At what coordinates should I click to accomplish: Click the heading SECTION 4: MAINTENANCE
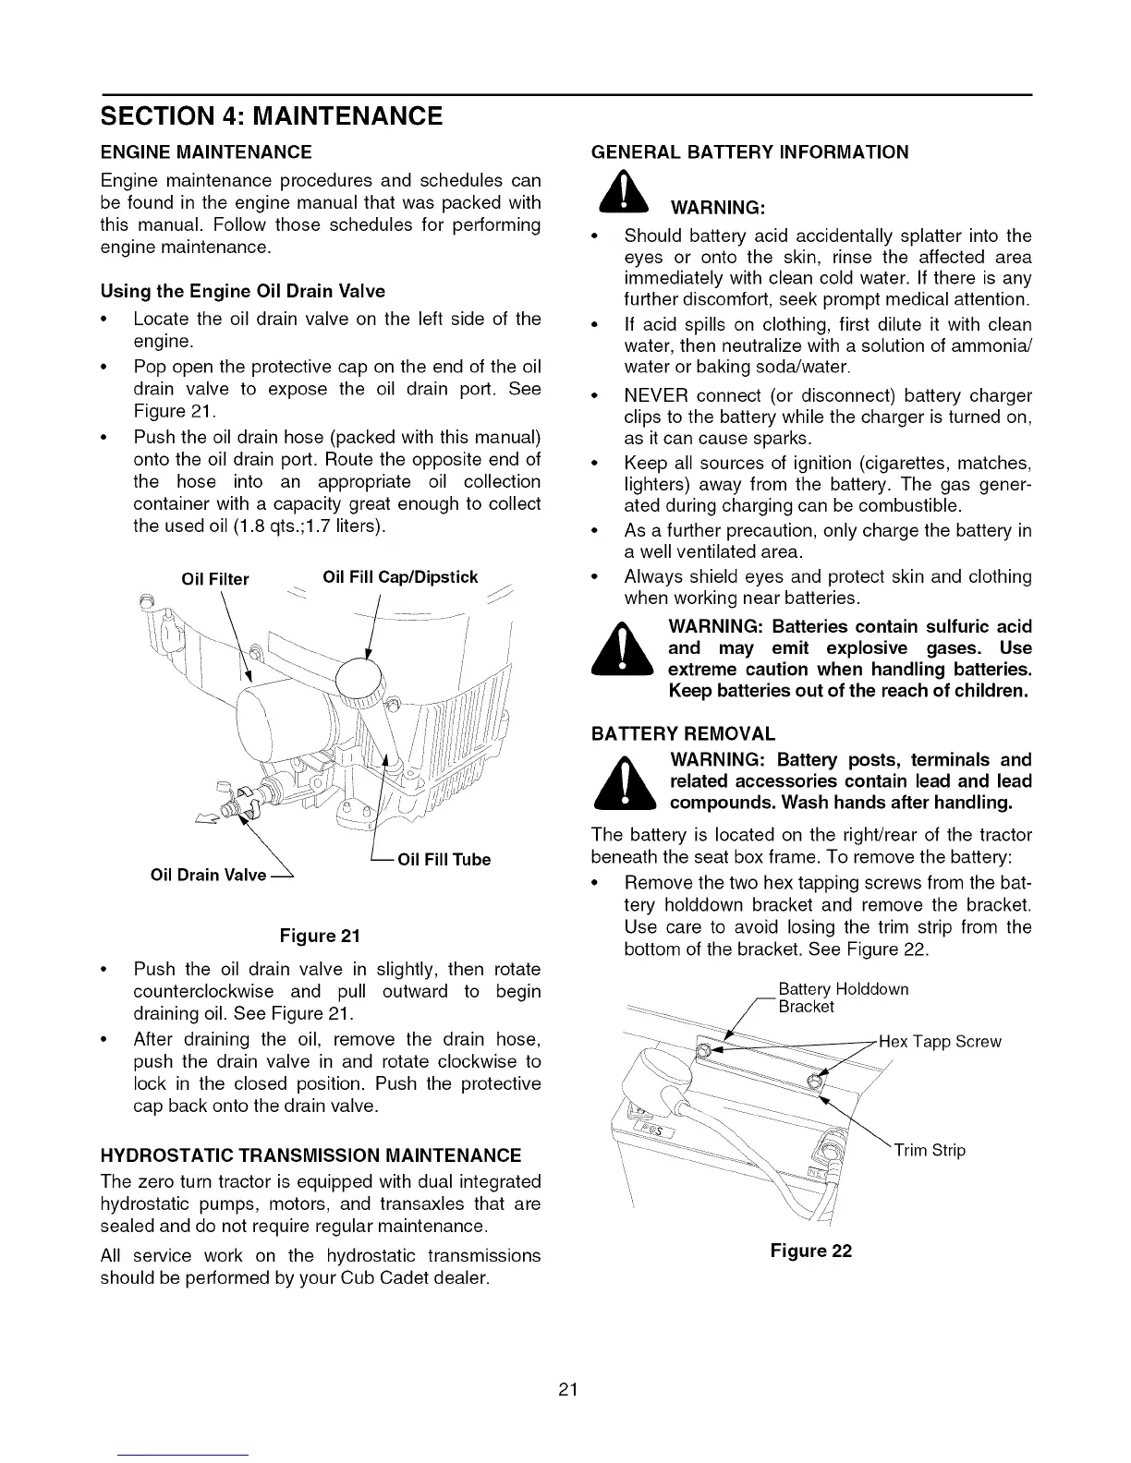[271, 117]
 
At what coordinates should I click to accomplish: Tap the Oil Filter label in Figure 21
[215, 579]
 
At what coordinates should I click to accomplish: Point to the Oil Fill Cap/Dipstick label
[400, 577]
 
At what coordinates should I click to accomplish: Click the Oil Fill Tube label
[444, 860]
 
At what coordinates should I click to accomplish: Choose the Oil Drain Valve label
[208, 875]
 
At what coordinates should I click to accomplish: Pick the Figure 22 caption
[810, 1251]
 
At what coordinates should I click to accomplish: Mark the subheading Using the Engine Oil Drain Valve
[242, 291]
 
